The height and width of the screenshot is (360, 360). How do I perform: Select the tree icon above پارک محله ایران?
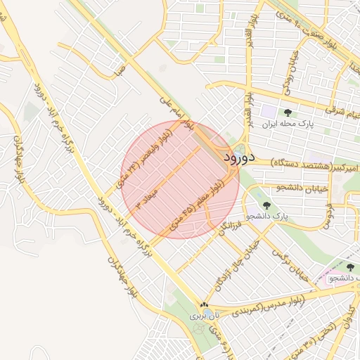287,112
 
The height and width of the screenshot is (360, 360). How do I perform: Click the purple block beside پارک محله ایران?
269,111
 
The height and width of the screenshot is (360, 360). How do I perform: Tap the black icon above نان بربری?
204,305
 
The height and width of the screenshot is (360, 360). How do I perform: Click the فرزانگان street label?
229,227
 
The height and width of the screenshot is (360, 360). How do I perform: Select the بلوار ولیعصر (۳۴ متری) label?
146,158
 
